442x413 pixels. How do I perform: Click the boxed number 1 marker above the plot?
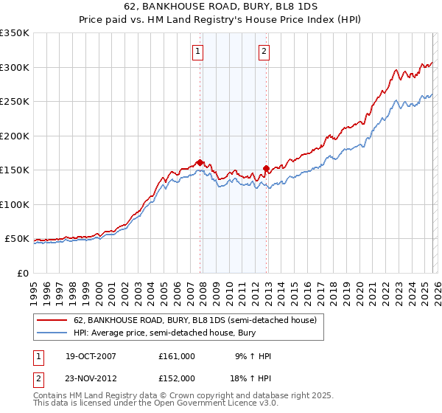point(199,51)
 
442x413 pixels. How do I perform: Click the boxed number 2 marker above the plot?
point(264,51)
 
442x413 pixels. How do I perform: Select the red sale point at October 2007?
point(200,162)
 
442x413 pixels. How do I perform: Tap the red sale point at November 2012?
point(266,168)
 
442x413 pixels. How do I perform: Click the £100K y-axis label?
point(15,204)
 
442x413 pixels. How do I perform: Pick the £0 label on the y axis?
point(22,273)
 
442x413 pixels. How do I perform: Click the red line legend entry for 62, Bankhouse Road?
point(194,320)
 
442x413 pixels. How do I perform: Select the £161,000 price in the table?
point(176,355)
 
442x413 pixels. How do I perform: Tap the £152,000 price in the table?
point(176,378)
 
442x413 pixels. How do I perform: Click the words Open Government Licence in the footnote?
point(202,404)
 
